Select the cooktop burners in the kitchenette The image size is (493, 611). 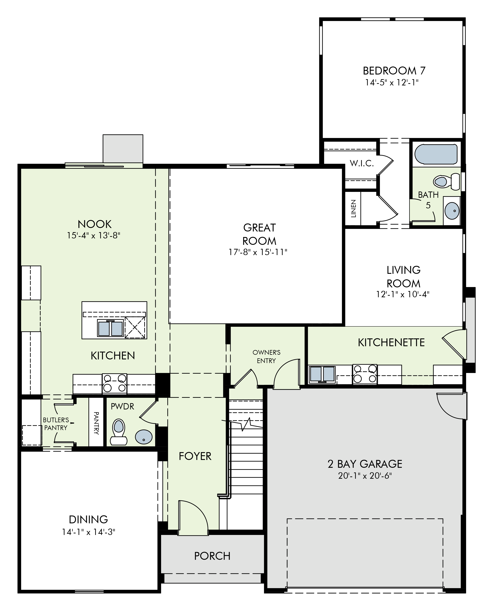365,374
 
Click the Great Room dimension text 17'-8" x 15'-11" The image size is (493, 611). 258,252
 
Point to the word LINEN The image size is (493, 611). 353,209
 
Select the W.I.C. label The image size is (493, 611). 362,163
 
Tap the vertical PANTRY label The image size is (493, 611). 96,423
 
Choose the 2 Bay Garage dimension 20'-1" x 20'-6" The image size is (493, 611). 365,476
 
